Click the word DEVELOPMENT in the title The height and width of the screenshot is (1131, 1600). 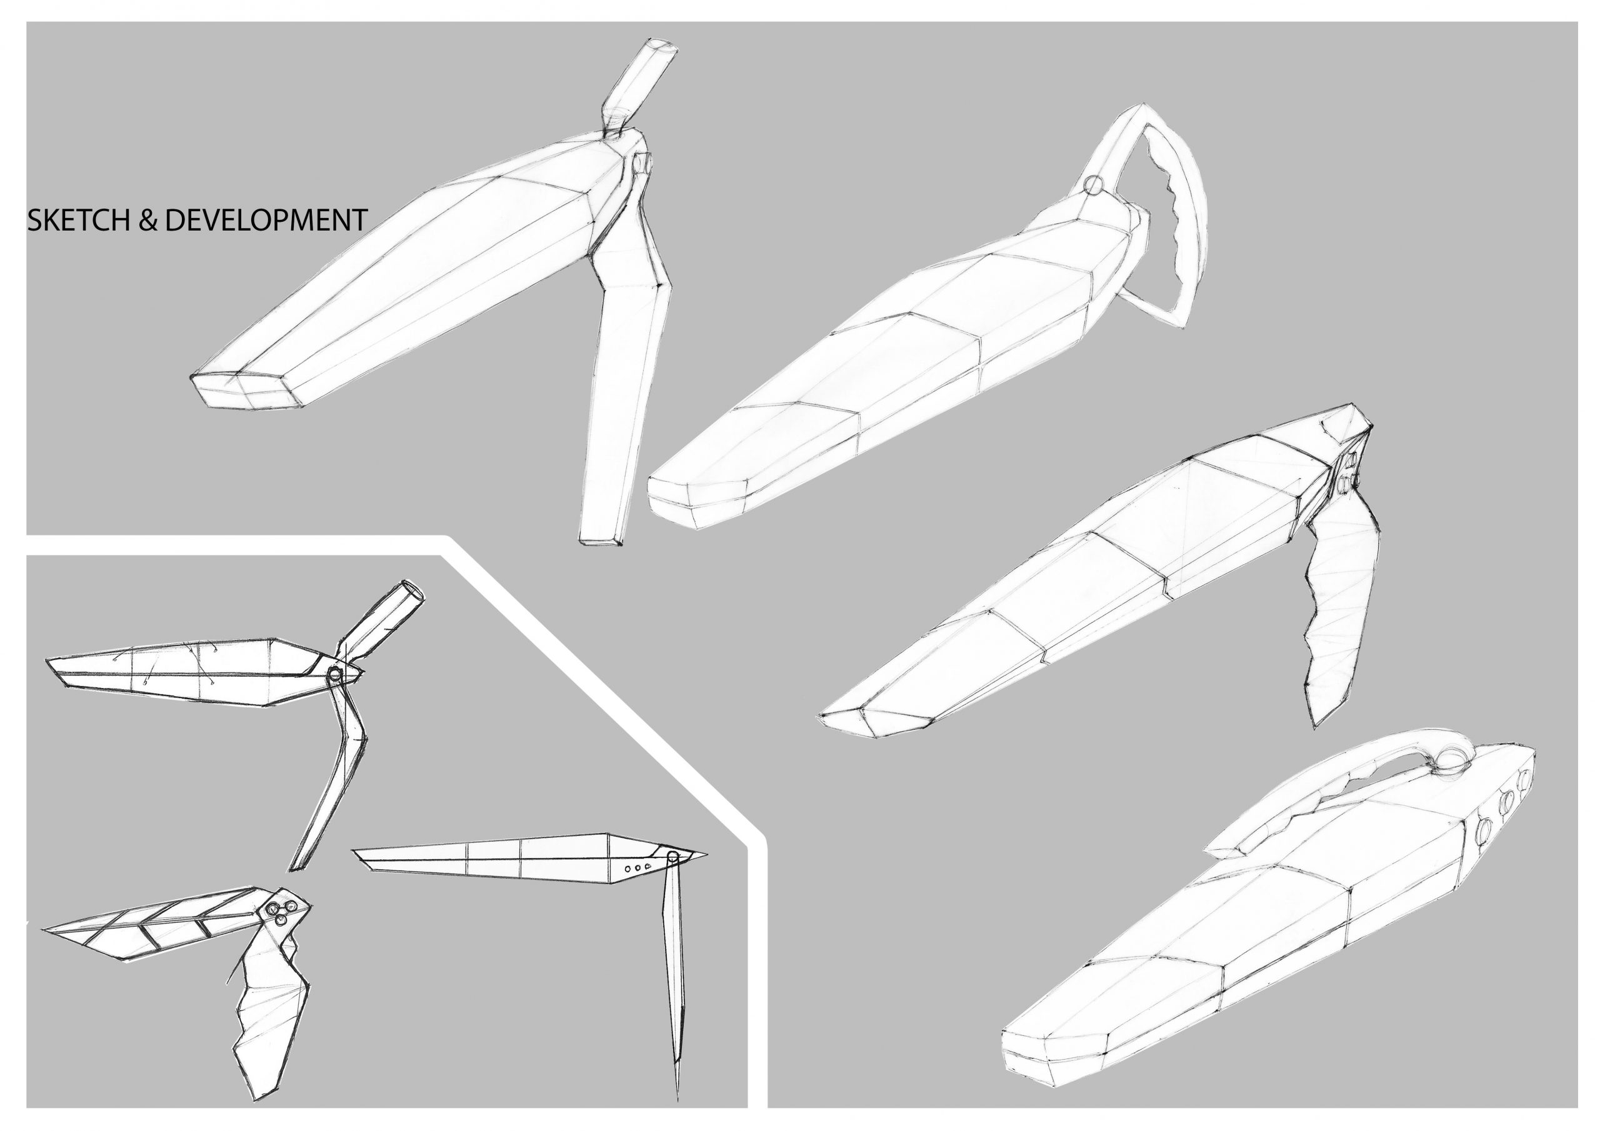pyautogui.click(x=266, y=219)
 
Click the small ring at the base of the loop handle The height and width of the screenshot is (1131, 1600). pyautogui.click(x=1094, y=186)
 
